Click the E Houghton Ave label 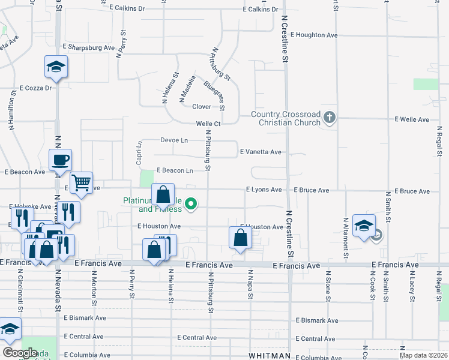pos(314,35)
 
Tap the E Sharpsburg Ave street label pos(88,47)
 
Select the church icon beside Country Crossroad pos(329,118)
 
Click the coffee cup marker pos(61,160)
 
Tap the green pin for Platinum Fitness pos(191,205)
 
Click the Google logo pos(20,353)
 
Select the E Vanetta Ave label pos(261,152)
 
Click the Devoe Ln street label pos(174,140)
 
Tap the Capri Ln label pos(139,150)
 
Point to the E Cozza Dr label pos(36,88)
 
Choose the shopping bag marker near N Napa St pos(240,238)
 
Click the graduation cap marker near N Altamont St pos(364,226)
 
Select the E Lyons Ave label pos(264,190)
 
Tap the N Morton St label pos(94,285)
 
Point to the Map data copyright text pos(423,355)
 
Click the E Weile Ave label pos(412,120)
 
